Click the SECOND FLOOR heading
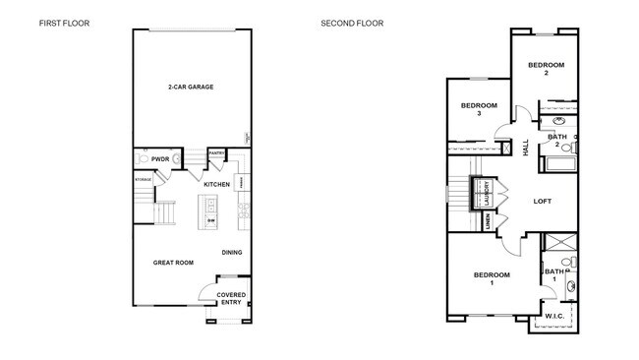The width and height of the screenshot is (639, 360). (x=352, y=22)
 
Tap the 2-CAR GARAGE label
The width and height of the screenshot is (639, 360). (x=190, y=87)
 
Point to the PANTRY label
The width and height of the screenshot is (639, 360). (x=217, y=152)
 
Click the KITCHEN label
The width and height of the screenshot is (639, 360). (x=216, y=184)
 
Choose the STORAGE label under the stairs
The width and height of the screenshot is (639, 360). (x=143, y=180)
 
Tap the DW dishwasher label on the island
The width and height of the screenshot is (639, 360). (x=211, y=220)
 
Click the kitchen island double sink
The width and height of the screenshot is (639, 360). (x=210, y=205)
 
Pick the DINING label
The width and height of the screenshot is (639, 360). (x=232, y=252)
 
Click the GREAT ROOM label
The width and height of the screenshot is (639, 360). (x=172, y=263)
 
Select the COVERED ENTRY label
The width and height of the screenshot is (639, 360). (x=231, y=299)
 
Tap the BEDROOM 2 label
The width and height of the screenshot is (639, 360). (x=546, y=70)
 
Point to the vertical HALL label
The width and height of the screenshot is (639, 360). (x=526, y=147)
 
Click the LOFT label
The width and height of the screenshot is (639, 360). (x=542, y=201)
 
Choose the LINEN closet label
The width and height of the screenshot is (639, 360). (x=490, y=225)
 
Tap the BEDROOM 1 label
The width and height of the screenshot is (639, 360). (x=492, y=278)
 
